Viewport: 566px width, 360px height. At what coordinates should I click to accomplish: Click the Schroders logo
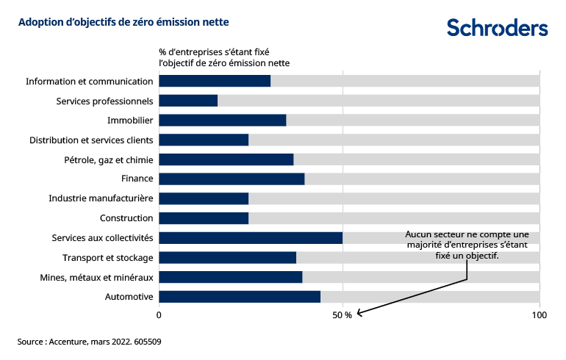[497, 27]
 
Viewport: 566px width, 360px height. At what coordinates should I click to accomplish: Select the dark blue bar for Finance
[232, 179]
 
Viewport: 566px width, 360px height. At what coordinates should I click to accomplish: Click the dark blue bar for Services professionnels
[188, 101]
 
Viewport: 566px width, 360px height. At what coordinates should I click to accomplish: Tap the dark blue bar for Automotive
[240, 297]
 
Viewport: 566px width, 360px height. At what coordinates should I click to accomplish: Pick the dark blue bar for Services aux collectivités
[251, 237]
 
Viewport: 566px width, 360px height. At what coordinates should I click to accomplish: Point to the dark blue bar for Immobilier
[222, 120]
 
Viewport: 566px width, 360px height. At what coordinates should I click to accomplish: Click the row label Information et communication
[89, 81]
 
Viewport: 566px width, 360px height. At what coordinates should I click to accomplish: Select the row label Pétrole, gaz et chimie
[109, 159]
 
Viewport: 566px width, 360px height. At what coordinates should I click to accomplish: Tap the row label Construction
[126, 218]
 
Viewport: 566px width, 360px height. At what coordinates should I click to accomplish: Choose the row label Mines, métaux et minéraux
[96, 277]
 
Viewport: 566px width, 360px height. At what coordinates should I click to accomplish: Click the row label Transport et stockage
[107, 257]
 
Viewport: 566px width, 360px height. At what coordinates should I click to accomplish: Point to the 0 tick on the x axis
[159, 315]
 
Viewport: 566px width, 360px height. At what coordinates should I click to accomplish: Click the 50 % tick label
[343, 315]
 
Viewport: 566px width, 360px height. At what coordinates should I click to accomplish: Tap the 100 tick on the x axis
[539, 315]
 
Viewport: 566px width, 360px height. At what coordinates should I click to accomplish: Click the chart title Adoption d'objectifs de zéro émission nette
[123, 22]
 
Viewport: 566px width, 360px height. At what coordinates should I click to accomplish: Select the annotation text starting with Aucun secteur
[467, 245]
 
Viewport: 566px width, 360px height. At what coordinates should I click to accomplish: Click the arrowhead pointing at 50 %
[359, 314]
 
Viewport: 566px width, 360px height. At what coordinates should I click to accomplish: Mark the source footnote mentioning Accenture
[90, 342]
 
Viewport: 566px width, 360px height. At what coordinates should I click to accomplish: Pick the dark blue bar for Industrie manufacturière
[204, 198]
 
